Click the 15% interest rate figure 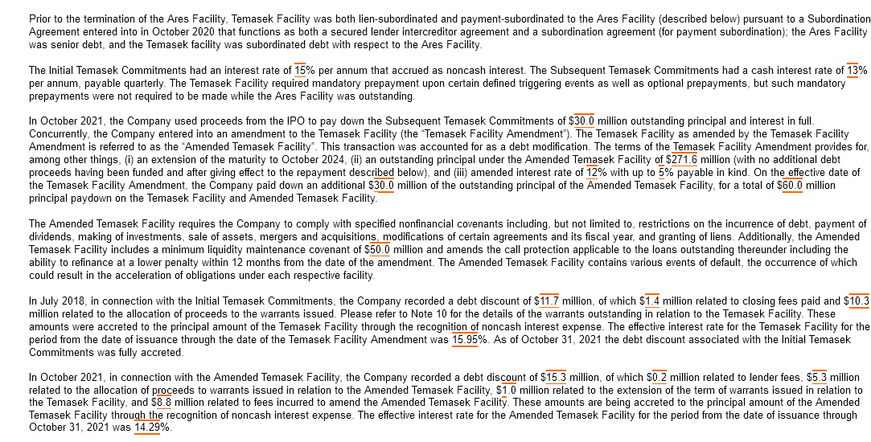(304, 71)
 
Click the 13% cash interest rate (857, 71)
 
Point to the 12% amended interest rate (596, 172)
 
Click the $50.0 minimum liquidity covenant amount (377, 250)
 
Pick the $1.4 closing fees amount (649, 301)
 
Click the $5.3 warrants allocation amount (816, 377)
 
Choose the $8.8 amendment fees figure (161, 402)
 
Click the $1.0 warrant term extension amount (506, 390)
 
